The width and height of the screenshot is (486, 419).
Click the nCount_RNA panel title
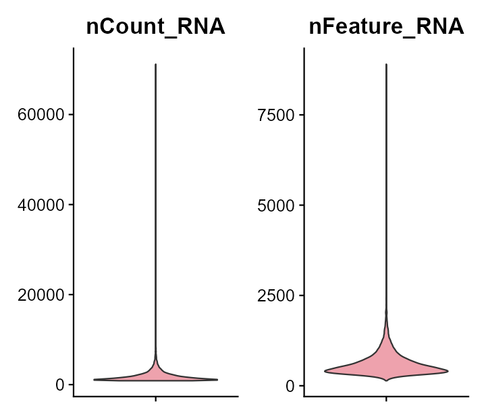point(155,27)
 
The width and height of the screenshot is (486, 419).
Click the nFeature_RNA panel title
point(386,27)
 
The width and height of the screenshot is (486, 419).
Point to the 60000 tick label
point(42,115)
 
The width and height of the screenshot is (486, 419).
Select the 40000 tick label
point(42,205)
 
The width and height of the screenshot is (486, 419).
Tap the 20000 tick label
point(42,295)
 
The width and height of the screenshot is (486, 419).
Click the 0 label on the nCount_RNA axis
point(60,385)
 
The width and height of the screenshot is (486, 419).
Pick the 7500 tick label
point(276,115)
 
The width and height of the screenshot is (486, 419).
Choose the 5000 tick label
point(276,205)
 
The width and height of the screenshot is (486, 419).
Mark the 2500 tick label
point(276,295)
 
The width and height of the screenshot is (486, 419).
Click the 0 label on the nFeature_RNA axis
point(290,385)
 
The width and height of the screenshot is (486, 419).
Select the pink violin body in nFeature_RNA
point(386,365)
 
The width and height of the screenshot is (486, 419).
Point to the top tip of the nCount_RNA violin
point(156,65)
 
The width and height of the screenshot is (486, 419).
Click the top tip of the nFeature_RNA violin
point(386,65)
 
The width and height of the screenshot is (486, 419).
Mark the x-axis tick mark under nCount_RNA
point(156,399)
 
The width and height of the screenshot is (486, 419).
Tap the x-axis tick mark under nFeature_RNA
point(386,399)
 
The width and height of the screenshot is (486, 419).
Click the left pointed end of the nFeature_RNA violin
point(325,371)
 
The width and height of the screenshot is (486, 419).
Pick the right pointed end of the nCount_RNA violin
point(217,380)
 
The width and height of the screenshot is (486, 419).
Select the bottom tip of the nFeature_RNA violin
point(386,380)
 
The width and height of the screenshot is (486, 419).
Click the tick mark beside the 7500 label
point(301,115)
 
